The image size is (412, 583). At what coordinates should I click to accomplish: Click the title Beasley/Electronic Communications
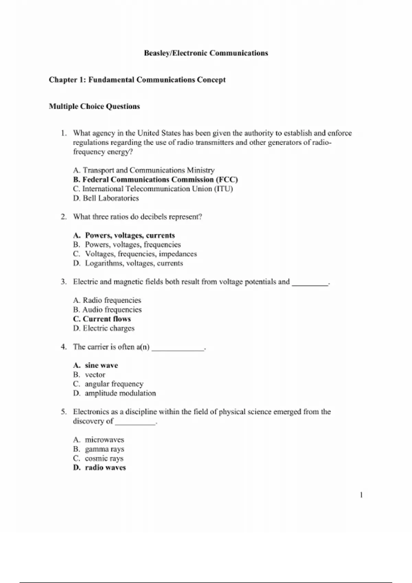coord(206,53)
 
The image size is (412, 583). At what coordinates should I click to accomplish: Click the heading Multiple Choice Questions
coord(94,106)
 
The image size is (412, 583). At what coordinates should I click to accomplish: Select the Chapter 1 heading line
coord(137,80)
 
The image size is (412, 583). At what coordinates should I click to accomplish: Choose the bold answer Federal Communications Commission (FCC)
coord(156,180)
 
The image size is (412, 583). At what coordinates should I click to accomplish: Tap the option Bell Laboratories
coord(106,198)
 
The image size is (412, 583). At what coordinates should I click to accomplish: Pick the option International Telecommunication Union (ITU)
coord(153,189)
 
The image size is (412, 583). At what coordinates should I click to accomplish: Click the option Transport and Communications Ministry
coord(144,170)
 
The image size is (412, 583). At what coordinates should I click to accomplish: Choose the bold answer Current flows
coord(102,319)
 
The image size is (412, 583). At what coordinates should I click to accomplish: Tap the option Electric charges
coord(104,328)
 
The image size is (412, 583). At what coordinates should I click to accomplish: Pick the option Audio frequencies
coord(107,310)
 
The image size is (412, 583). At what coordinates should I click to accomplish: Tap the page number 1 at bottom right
coord(361,495)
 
